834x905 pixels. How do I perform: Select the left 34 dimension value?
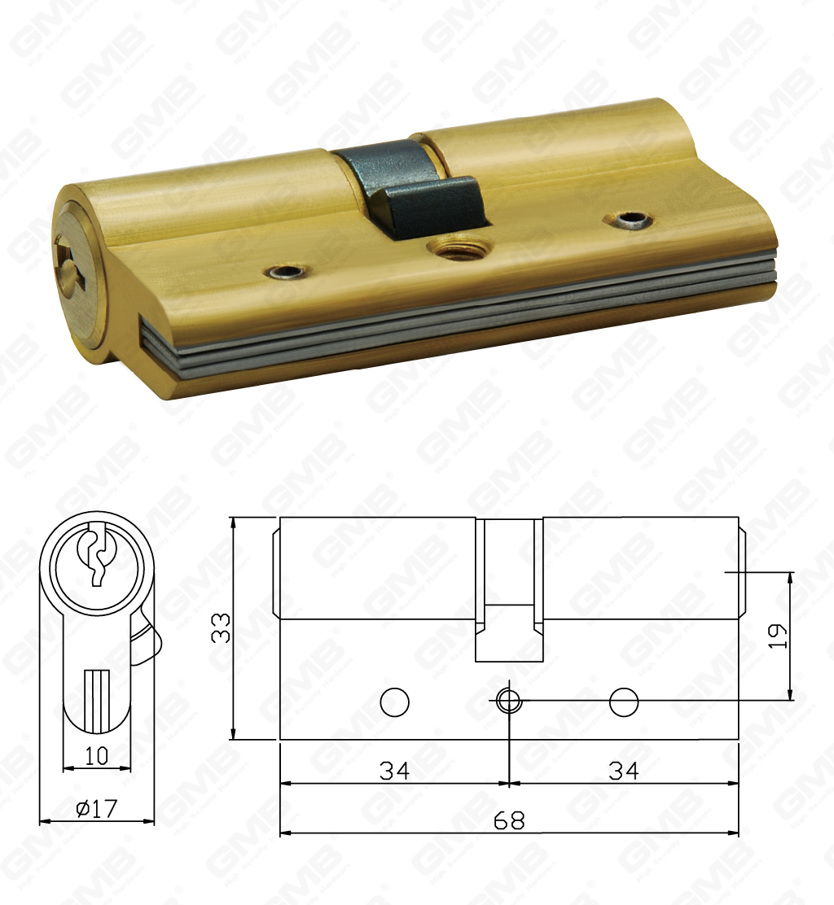pyautogui.click(x=394, y=770)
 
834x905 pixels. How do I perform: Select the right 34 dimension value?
pyautogui.click(x=624, y=770)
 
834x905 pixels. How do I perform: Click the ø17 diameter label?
pyautogui.click(x=96, y=808)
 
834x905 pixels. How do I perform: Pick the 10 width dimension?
pyautogui.click(x=96, y=755)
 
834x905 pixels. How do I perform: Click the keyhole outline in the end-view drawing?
pyautogui.click(x=96, y=553)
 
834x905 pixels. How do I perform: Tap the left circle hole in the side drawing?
pyautogui.click(x=395, y=702)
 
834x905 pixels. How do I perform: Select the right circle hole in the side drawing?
pyautogui.click(x=624, y=702)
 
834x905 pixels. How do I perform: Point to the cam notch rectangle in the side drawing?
pyautogui.click(x=509, y=632)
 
